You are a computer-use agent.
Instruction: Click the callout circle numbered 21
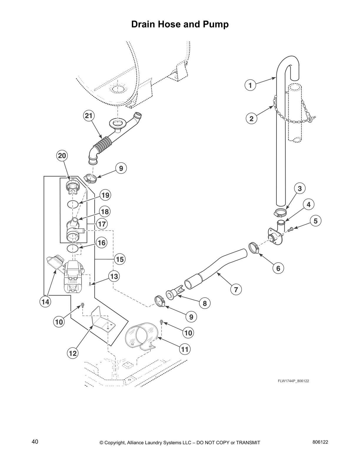click(x=89, y=116)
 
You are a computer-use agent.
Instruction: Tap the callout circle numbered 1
click(x=250, y=86)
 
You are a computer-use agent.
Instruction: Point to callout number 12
click(x=73, y=353)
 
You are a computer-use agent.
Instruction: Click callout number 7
click(x=236, y=289)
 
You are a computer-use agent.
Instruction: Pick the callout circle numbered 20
click(x=62, y=155)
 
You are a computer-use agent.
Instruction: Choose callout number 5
click(x=316, y=221)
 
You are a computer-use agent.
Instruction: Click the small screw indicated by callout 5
click(x=291, y=229)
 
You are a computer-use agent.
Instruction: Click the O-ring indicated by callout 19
click(x=73, y=204)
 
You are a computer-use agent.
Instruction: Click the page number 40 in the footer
click(x=35, y=442)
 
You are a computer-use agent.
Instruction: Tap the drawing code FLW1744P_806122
click(x=293, y=381)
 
